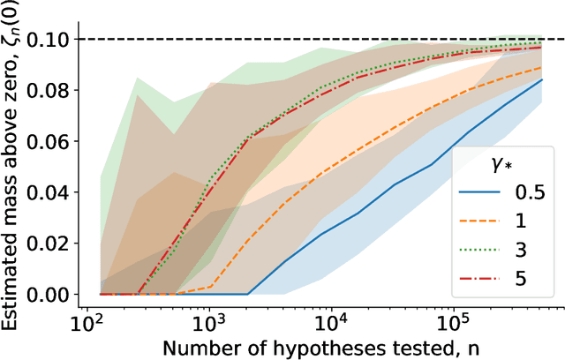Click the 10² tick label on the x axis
pos(88,319)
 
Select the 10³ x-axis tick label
pos(208,319)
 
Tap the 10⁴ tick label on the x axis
pos(330,319)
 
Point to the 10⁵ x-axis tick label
pos(451,319)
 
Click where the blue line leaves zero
pos(248,294)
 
